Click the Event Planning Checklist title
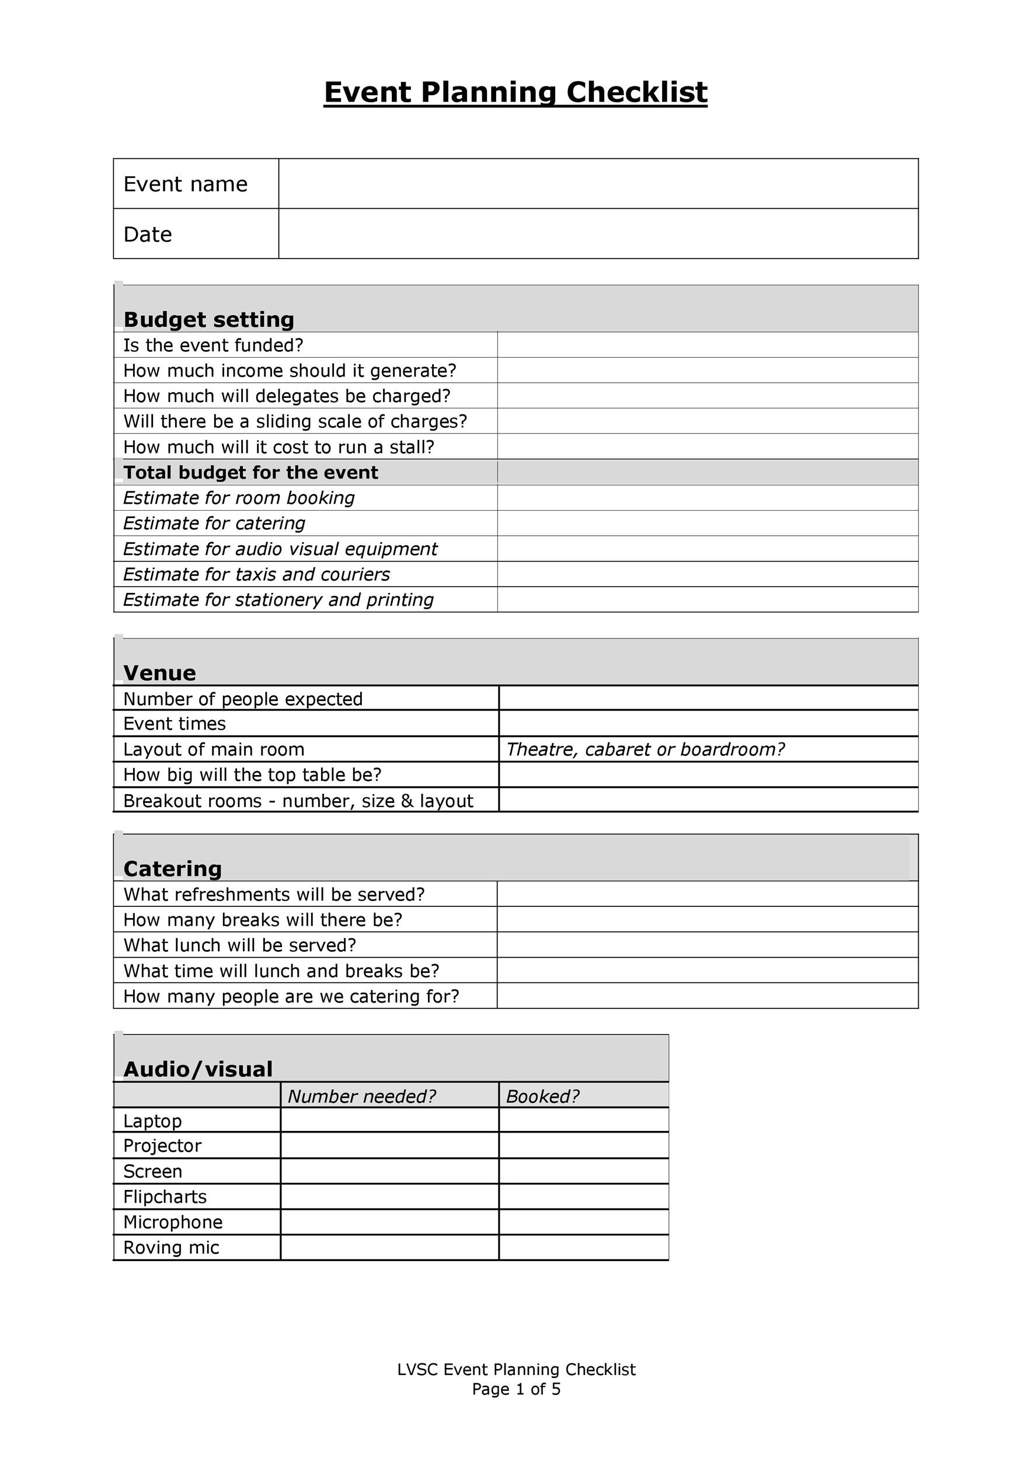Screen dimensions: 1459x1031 click(515, 92)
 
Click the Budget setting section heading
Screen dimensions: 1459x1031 click(208, 319)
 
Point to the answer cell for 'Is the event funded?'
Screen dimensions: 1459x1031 click(707, 345)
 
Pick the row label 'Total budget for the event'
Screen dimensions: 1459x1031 click(250, 472)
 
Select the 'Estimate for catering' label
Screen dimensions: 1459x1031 click(214, 523)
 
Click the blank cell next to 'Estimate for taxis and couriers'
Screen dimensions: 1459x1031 click(707, 574)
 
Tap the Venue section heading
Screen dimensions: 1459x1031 click(159, 672)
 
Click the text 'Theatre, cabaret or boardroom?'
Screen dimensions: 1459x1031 click(645, 749)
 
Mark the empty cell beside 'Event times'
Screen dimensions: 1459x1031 click(708, 723)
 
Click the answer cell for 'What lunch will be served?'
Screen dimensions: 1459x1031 click(707, 945)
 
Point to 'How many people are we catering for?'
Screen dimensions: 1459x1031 click(291, 996)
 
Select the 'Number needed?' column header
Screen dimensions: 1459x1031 click(362, 1095)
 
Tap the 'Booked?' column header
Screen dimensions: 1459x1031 click(542, 1095)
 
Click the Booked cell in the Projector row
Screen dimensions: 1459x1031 click(583, 1145)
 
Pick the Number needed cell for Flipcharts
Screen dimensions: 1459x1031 click(389, 1196)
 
